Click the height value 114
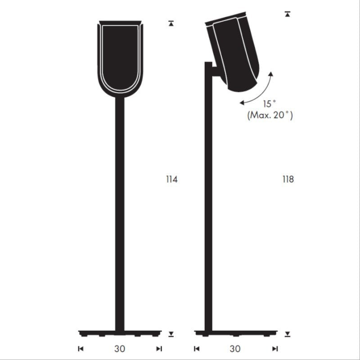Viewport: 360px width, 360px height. click(172, 180)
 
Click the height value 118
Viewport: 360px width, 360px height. click(288, 180)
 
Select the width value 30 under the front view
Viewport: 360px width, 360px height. click(120, 348)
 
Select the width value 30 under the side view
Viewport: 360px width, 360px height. click(235, 348)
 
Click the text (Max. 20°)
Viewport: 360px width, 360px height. click(270, 116)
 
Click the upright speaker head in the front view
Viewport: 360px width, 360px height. click(120, 58)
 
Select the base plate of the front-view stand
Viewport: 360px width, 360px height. click(120, 333)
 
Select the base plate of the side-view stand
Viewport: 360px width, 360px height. click(235, 333)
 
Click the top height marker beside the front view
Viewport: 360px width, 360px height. click(171, 22)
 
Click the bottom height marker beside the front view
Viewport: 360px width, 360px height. click(171, 334)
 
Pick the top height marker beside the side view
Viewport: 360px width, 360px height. click(288, 13)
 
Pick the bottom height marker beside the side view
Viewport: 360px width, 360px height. click(288, 334)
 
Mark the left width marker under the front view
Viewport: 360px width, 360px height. click(81, 348)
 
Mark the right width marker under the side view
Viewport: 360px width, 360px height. click(275, 348)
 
